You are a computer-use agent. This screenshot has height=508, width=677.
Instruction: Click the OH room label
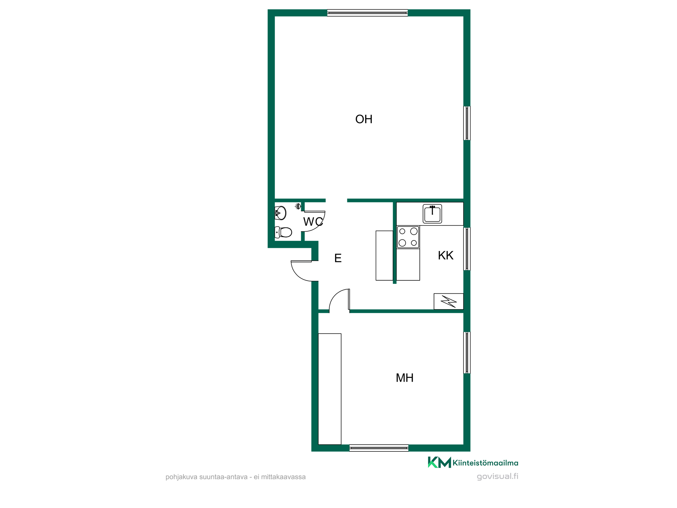(364, 119)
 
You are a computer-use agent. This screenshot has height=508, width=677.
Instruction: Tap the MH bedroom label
(405, 378)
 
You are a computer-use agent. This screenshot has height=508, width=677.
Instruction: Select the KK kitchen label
(445, 255)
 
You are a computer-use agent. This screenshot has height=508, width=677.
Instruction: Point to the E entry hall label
(338, 258)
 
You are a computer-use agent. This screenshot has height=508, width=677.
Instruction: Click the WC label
(313, 222)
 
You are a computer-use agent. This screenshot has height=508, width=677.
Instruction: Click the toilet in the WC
(284, 232)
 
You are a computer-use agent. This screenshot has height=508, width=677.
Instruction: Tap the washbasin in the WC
(280, 213)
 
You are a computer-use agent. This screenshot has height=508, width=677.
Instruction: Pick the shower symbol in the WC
(298, 206)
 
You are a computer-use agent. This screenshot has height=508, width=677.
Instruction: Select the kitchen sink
(432, 214)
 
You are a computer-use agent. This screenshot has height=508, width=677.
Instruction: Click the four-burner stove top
(408, 237)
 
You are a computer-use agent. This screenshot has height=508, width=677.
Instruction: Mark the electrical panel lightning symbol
(449, 301)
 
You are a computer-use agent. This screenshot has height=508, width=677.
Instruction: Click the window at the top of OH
(368, 13)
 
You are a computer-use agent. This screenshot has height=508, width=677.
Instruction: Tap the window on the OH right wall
(467, 123)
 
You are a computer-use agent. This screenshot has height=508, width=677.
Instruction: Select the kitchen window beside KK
(467, 249)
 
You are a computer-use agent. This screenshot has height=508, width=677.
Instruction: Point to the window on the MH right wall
(467, 353)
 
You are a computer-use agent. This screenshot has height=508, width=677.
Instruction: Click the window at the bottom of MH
(379, 448)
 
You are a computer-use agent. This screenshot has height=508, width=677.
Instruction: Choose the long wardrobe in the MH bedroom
(330, 389)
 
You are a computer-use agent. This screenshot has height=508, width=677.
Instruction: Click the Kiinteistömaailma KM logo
(473, 462)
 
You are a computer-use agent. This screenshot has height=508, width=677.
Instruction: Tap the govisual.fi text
(498, 477)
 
